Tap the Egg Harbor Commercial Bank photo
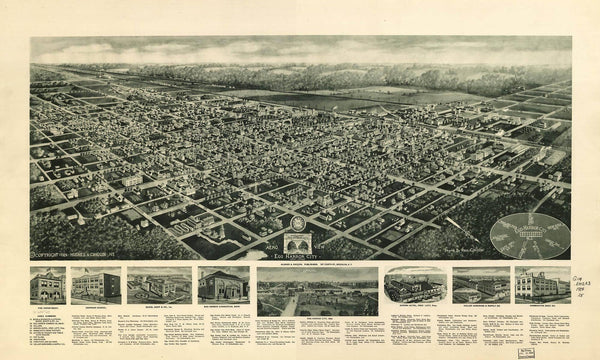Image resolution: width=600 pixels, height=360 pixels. [223, 285]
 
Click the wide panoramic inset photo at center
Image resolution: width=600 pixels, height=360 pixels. [317, 289]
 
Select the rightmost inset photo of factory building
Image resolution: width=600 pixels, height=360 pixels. [542, 285]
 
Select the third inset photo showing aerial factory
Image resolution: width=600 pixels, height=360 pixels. [159, 286]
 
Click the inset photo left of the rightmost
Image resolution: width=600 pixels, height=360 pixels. [480, 285]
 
